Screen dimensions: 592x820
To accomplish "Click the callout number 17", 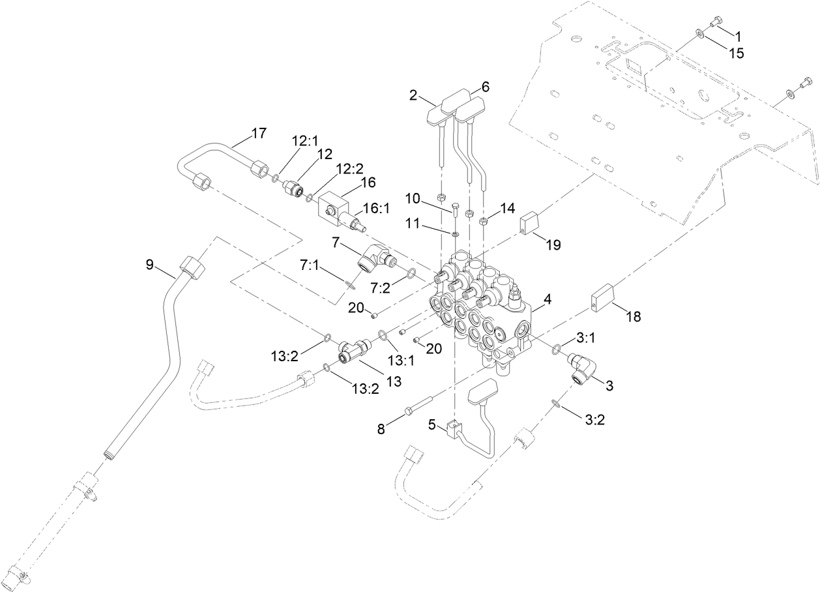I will click(x=259, y=134).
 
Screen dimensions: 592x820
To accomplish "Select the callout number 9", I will click(x=149, y=265).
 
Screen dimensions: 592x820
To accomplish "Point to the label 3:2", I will click(x=595, y=420).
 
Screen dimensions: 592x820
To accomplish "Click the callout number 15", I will click(x=736, y=53).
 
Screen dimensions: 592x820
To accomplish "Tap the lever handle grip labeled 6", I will click(x=470, y=106).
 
